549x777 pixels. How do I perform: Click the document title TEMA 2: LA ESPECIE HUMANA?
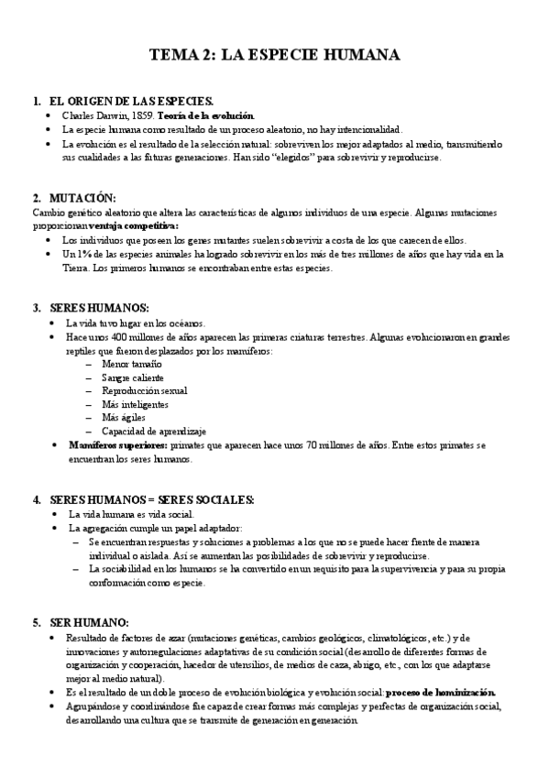point(274,56)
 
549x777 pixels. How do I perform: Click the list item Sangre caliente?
point(134,378)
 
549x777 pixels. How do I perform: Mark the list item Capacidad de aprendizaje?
point(154,431)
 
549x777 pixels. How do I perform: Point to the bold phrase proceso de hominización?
point(441,692)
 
